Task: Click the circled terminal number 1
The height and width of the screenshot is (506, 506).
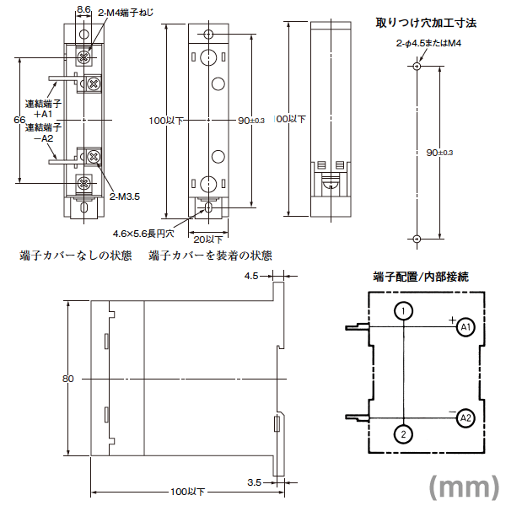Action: [x=404, y=311]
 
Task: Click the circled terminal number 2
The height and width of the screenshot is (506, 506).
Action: [x=404, y=433]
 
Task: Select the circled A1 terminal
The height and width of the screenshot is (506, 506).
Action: [x=466, y=326]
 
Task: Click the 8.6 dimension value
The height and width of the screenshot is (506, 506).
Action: [x=83, y=8]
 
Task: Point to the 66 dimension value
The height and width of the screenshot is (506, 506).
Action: [x=19, y=120]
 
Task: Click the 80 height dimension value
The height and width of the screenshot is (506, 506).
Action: [x=68, y=379]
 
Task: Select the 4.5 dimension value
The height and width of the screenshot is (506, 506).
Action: [x=251, y=275]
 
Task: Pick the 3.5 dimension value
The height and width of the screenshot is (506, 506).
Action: [x=253, y=483]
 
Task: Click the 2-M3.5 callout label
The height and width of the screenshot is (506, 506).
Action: [x=124, y=196]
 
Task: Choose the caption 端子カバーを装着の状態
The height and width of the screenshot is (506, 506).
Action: [x=210, y=255]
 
